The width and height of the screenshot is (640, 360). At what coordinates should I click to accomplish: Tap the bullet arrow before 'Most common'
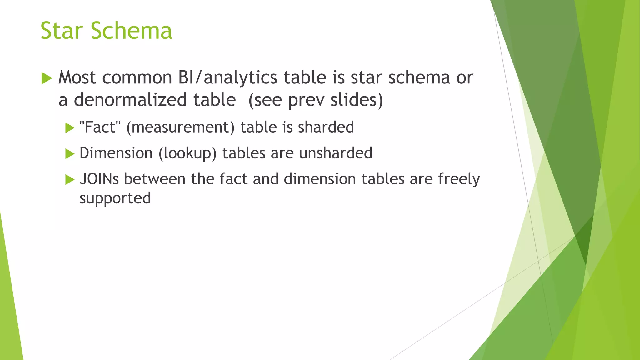(x=47, y=78)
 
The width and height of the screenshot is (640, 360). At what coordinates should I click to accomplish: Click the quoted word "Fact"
(x=100, y=127)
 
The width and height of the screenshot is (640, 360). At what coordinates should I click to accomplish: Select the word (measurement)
(x=180, y=127)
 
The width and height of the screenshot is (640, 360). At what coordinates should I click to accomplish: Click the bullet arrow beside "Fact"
(x=70, y=128)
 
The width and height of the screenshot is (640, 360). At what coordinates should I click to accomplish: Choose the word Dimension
(x=116, y=153)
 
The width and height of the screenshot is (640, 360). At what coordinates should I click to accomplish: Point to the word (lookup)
(x=187, y=153)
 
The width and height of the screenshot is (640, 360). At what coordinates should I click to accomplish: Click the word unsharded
(x=336, y=153)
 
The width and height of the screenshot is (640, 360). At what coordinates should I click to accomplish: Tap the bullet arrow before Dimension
(x=70, y=154)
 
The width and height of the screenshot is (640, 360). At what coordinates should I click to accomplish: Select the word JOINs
(x=99, y=179)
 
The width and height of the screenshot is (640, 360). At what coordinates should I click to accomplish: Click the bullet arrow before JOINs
(x=70, y=180)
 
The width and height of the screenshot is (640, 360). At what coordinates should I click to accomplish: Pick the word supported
(x=115, y=198)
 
